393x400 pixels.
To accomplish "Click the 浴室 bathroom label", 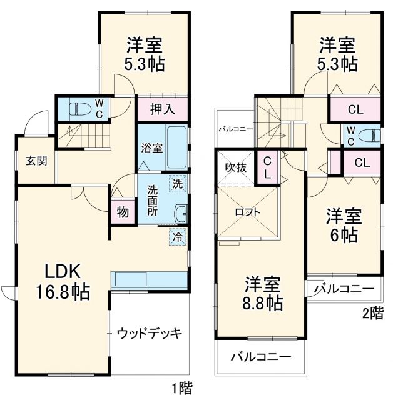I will tap(151, 148).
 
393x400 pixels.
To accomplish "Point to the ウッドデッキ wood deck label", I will tap(150, 333).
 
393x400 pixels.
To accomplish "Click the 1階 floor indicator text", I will tap(182, 388).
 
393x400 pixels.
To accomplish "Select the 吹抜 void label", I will tap(235, 167).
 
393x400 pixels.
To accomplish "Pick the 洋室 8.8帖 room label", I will tap(263, 293).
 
